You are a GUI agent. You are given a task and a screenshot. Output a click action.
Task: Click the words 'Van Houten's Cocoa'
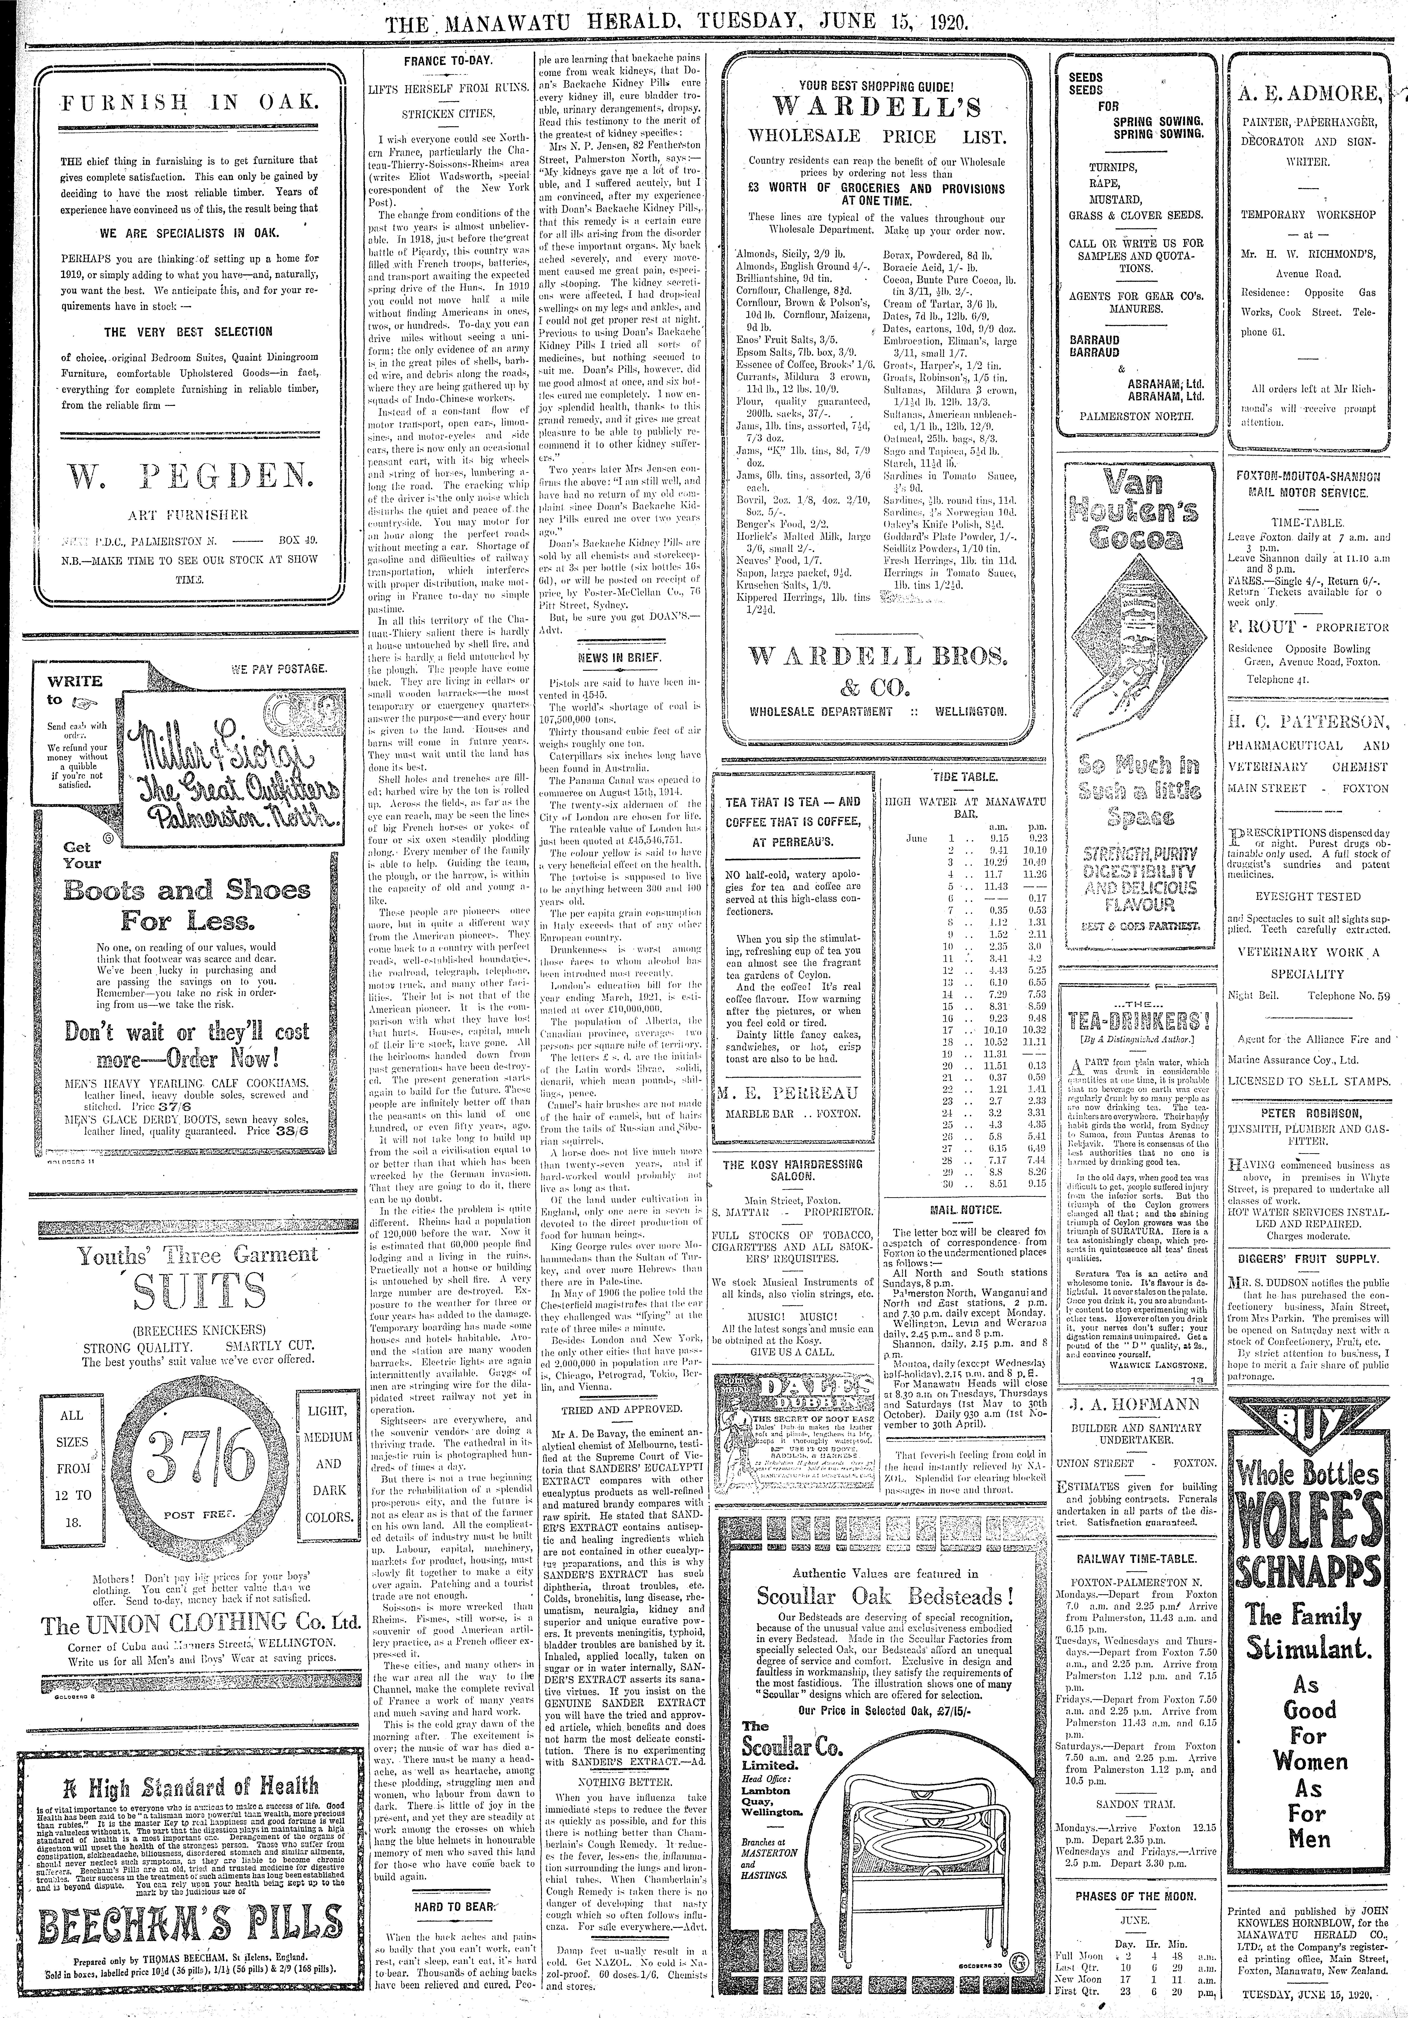[1134, 510]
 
